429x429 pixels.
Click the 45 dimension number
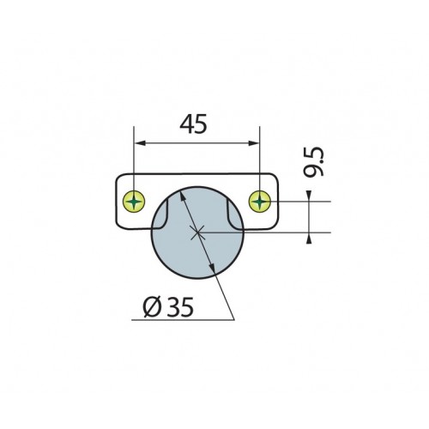tap(193, 124)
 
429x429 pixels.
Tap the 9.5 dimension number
tap(314, 162)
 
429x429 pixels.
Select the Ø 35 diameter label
tap(168, 307)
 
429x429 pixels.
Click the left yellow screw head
tap(134, 202)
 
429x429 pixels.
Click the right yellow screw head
tap(260, 202)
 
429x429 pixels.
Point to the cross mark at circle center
tap(197, 233)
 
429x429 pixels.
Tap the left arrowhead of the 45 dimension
tap(139, 143)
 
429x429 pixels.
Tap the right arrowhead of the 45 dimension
tap(254, 143)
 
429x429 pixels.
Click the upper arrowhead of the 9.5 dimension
tap(309, 196)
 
